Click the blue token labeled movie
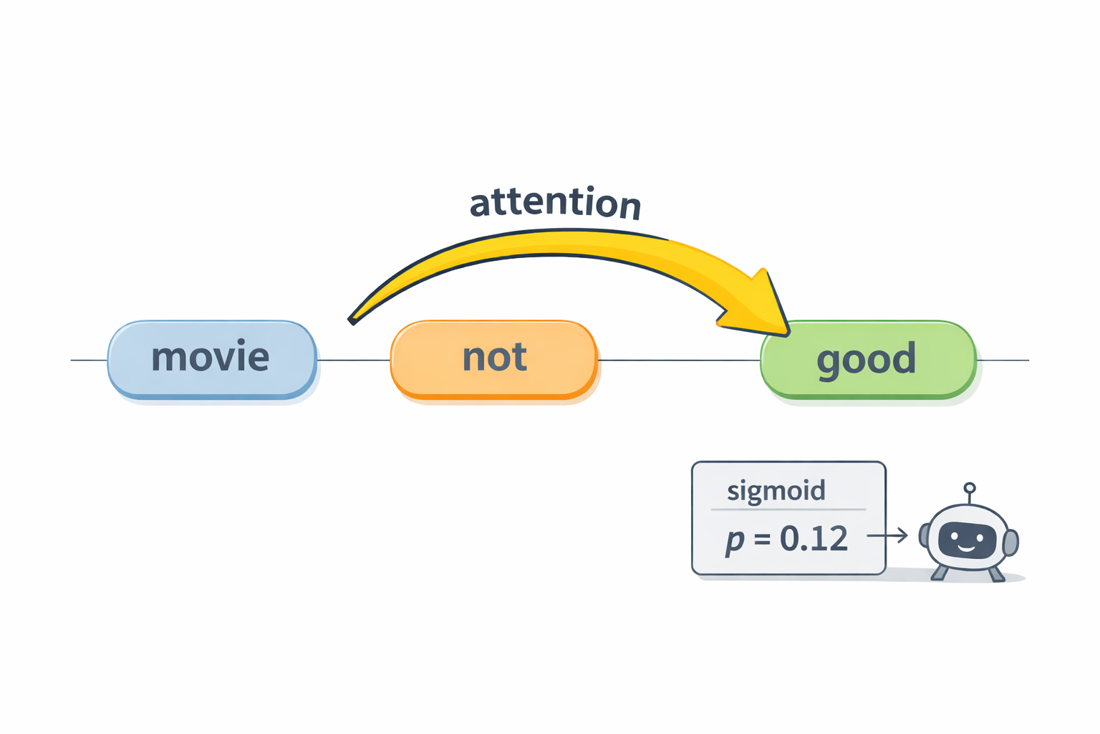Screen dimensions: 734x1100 coord(211,358)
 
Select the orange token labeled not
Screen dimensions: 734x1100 coord(493,358)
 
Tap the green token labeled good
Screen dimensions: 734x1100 coord(867,359)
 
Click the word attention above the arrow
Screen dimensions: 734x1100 coord(555,203)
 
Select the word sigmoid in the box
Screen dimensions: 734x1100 coord(776,491)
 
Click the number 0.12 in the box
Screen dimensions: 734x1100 coord(814,538)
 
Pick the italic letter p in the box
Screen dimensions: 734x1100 coord(734,540)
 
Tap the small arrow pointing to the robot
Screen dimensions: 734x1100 coord(887,535)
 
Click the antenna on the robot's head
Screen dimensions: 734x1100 coord(970,492)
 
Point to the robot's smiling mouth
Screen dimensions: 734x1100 coord(967,548)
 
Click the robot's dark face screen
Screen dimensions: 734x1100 coord(967,540)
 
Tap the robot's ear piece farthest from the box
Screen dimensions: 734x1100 coord(1010,543)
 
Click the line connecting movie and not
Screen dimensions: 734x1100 coord(353,360)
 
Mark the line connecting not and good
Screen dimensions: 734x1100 coord(678,360)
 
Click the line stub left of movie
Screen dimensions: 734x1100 coord(89,360)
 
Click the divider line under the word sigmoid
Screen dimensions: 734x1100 coord(788,510)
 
